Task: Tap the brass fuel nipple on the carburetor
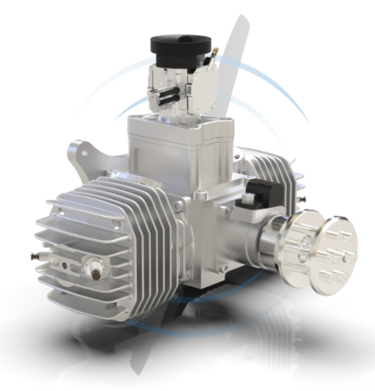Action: [214, 54]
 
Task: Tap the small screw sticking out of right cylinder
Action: [302, 197]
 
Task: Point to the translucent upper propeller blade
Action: [237, 60]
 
